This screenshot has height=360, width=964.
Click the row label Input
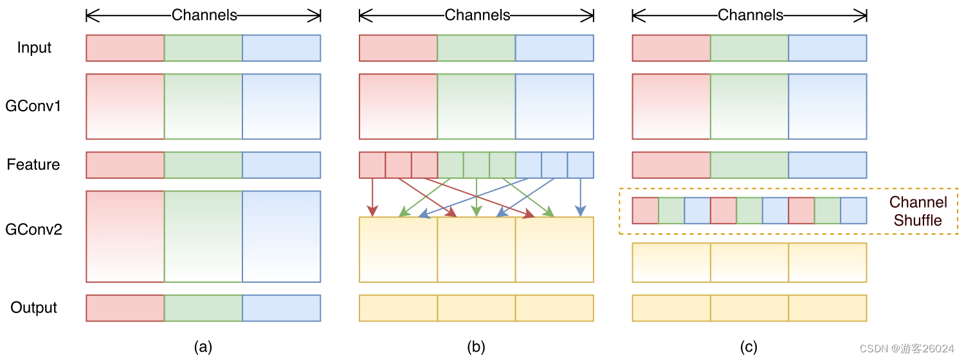pyautogui.click(x=34, y=48)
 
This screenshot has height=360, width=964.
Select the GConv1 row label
pyautogui.click(x=33, y=106)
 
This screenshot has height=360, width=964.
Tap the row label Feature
pyautogui.click(x=33, y=165)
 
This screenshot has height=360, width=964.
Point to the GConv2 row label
pyautogui.click(x=33, y=230)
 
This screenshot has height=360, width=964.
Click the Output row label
pyautogui.click(x=33, y=308)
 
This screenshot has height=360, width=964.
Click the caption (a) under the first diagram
pyautogui.click(x=203, y=347)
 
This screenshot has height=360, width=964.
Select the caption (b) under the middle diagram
pyautogui.click(x=476, y=347)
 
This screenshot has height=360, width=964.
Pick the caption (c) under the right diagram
pyautogui.click(x=749, y=347)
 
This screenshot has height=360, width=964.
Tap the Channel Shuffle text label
pyautogui.click(x=918, y=212)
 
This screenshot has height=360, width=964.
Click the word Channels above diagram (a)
pyautogui.click(x=205, y=15)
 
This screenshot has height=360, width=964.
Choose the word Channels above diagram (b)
pyautogui.click(x=477, y=15)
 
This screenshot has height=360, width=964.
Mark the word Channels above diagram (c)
pyautogui.click(x=750, y=15)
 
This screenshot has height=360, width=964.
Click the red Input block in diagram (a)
pyautogui.click(x=125, y=48)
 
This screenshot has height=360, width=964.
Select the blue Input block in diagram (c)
pyautogui.click(x=828, y=48)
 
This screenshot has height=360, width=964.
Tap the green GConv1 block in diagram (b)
pyautogui.click(x=476, y=106)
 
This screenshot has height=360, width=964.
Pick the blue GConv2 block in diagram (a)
pyautogui.click(x=281, y=236)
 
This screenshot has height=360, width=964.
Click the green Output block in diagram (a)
pyautogui.click(x=203, y=308)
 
